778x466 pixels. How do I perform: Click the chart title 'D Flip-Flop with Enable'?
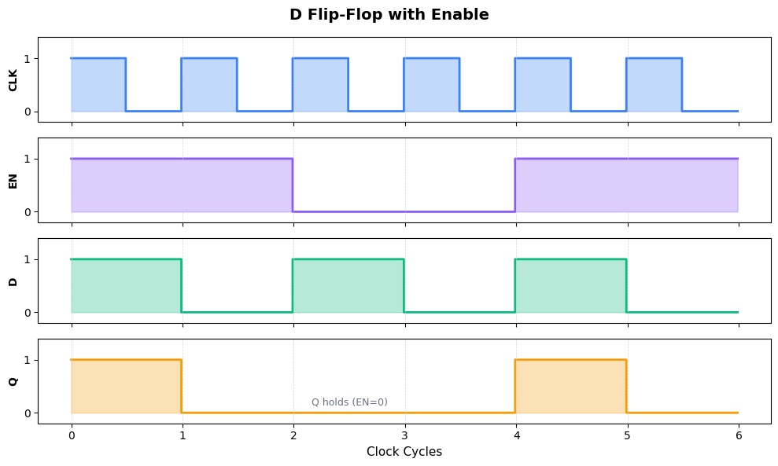point(389,15)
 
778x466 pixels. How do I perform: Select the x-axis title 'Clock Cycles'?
point(404,452)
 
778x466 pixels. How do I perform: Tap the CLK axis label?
point(13,79)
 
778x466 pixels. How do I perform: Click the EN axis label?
point(13,180)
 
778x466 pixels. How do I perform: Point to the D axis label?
point(13,281)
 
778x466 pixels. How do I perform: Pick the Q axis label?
point(13,381)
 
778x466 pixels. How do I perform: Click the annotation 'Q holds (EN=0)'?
point(349,402)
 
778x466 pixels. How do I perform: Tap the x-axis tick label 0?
point(72,435)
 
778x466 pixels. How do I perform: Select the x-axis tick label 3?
point(404,435)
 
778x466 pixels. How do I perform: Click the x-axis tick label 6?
point(738,435)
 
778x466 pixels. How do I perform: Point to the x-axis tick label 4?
point(516,435)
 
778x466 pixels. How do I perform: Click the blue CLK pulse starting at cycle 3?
point(432,85)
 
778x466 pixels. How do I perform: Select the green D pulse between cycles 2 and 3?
point(348,286)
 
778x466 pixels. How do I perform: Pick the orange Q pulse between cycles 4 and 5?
point(571,387)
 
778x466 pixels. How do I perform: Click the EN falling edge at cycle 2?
point(293,185)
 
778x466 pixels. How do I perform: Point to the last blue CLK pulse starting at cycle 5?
point(654,85)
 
